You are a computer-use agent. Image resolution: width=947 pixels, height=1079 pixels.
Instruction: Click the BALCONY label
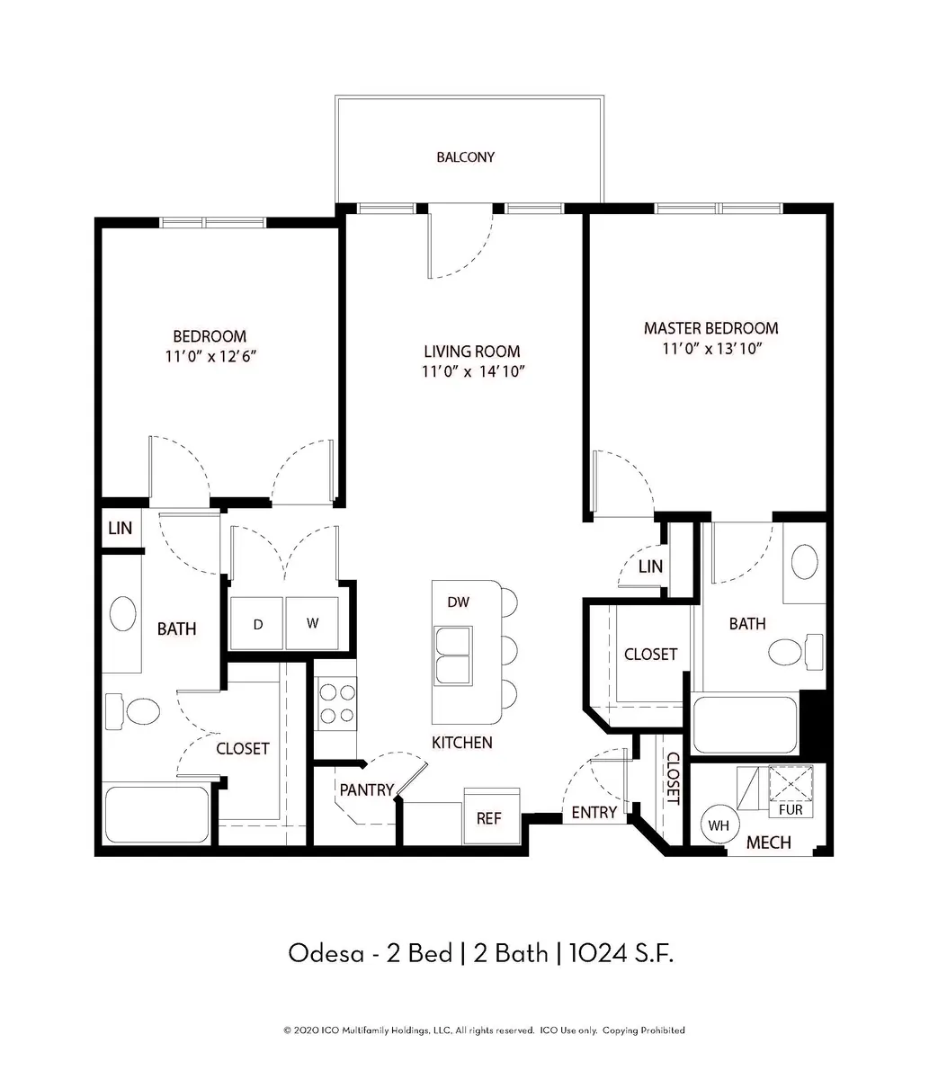[x=466, y=157]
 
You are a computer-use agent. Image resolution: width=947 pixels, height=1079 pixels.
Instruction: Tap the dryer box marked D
[x=256, y=623]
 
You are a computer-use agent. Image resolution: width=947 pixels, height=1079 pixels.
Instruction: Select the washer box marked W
[x=312, y=623]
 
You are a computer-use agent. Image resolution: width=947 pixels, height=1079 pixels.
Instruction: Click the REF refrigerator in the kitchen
[x=492, y=816]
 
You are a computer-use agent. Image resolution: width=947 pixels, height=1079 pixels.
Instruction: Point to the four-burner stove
[x=336, y=703]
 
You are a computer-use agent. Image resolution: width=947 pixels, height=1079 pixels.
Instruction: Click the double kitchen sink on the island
[x=452, y=656]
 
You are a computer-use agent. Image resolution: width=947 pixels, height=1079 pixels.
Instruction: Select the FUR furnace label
[x=791, y=810]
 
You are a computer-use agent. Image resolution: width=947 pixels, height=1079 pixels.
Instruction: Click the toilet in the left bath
[x=132, y=711]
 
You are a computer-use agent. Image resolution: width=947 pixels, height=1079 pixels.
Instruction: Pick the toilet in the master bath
[x=796, y=652]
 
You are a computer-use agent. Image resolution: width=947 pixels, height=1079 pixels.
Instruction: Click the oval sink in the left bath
[x=122, y=613]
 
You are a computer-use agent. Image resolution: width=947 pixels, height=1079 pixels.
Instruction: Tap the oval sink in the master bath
[x=804, y=562]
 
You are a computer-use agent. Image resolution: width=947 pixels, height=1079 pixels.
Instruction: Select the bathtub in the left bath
[x=156, y=815]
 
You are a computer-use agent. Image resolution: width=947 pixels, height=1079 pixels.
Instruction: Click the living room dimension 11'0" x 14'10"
[x=473, y=371]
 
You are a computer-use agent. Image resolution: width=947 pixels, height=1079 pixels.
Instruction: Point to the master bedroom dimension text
[x=712, y=348]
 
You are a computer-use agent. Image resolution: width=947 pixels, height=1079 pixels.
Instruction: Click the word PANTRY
[x=366, y=789]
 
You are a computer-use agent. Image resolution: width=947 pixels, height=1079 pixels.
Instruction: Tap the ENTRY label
[x=594, y=812]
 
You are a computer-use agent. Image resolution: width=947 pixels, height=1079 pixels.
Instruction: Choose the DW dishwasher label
[x=458, y=602]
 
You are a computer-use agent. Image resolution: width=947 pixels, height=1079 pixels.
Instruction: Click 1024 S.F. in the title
[x=621, y=953]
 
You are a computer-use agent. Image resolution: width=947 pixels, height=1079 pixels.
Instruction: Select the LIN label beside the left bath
[x=120, y=529]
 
